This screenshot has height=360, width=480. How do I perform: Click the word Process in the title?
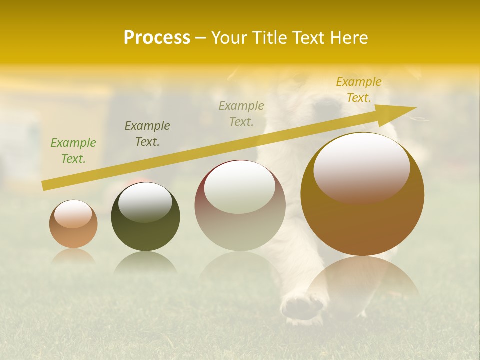point(157,38)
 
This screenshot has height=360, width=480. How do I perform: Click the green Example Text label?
point(73,151)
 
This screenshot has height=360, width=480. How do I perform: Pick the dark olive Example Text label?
point(147,134)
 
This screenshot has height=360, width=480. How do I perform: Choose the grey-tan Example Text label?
point(241,114)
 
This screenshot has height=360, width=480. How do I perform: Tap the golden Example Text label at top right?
point(359,90)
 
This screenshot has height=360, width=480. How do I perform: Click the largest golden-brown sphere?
point(362,220)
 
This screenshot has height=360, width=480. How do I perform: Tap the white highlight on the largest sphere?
point(361,168)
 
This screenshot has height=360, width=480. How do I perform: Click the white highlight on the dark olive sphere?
point(145,201)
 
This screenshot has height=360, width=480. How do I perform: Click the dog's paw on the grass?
point(302,306)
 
